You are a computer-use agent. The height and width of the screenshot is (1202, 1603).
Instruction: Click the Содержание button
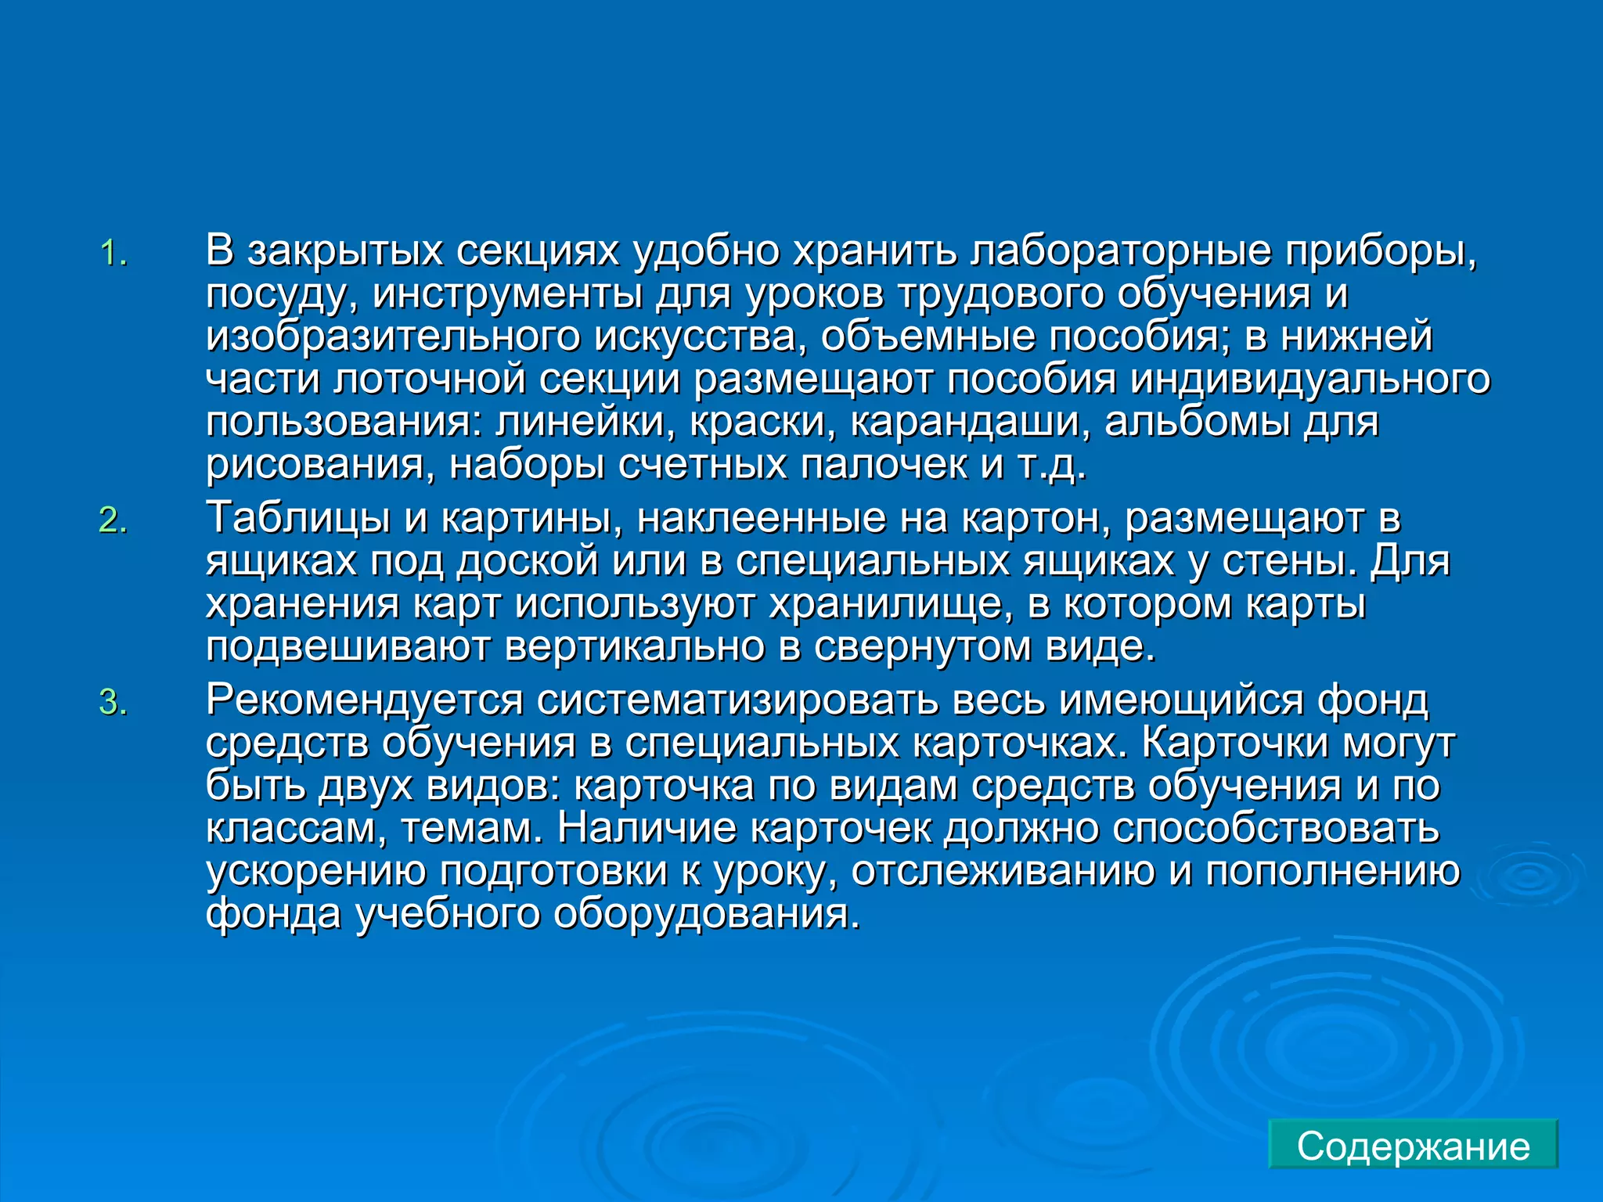click(1413, 1146)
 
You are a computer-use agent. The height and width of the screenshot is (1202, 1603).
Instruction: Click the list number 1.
click(113, 254)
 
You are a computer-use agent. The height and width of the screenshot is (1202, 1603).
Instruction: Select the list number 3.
click(113, 703)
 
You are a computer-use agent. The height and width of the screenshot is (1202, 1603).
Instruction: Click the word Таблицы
click(297, 518)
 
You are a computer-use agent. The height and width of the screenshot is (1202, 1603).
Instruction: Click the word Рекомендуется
click(364, 700)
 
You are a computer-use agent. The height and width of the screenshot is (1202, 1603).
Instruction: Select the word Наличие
click(647, 829)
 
